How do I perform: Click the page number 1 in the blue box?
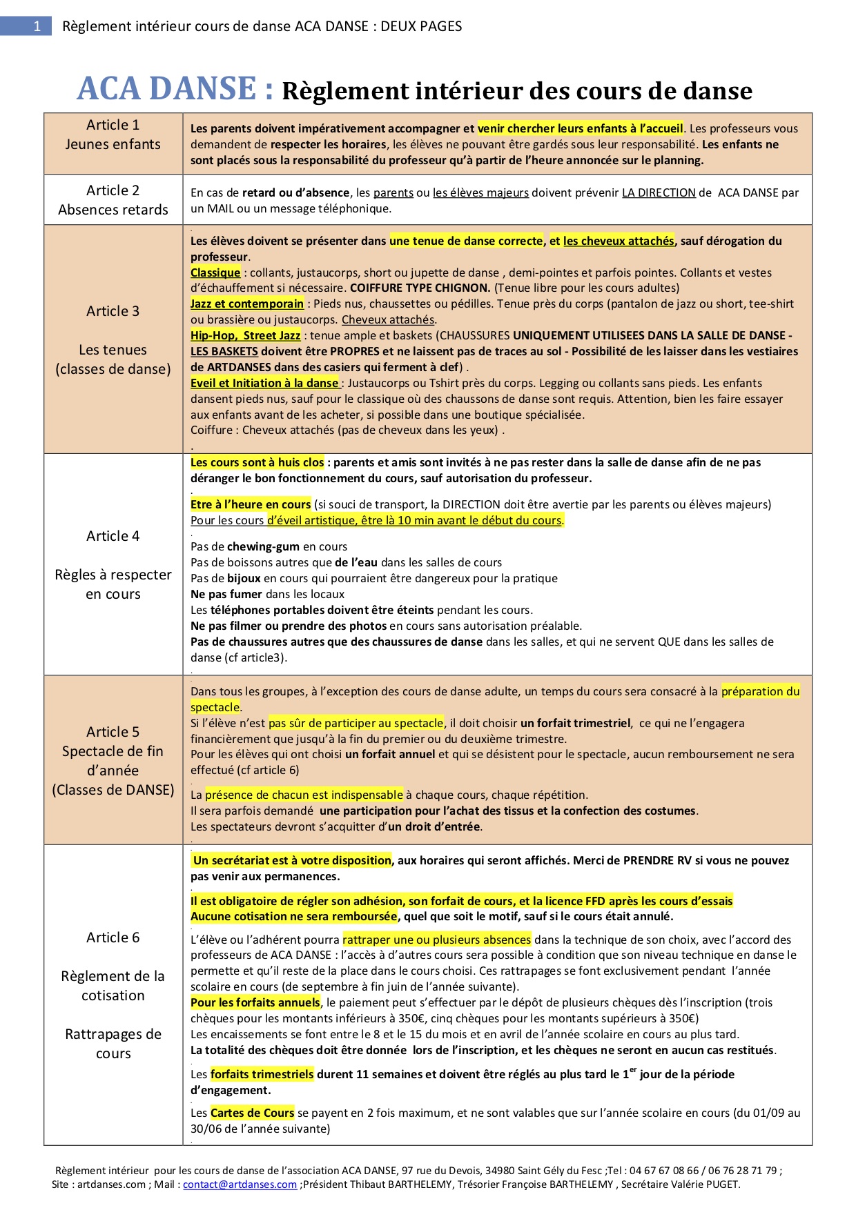(37, 26)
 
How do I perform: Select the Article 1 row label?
(113, 125)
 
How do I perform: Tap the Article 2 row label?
(113, 190)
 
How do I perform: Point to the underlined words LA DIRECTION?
(659, 193)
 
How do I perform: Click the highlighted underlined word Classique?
(215, 272)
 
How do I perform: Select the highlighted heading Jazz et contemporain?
(247, 304)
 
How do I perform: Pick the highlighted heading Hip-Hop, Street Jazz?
(246, 335)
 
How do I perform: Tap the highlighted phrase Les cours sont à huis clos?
(257, 462)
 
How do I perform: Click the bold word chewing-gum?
(264, 547)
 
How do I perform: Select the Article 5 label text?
(113, 732)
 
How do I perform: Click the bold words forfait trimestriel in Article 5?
(575, 723)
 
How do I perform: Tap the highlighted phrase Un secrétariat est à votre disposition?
(292, 860)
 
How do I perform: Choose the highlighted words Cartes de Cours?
(252, 1113)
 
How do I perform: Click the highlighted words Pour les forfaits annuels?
(255, 1002)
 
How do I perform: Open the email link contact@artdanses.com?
(240, 1184)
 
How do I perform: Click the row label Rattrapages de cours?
(113, 1044)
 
